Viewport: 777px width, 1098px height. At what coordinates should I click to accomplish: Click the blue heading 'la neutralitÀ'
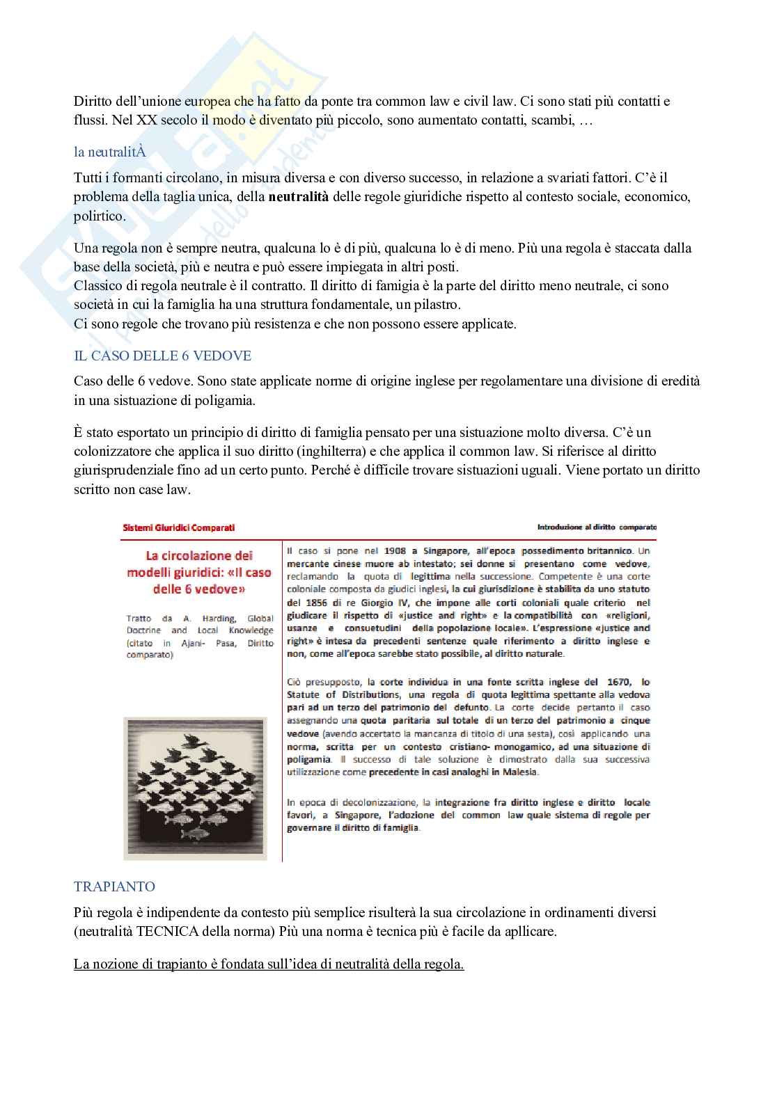click(x=110, y=152)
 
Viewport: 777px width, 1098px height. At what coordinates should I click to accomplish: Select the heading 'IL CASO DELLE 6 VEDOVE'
click(x=162, y=356)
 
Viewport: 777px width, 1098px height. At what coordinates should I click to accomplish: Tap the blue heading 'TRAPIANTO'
click(x=114, y=886)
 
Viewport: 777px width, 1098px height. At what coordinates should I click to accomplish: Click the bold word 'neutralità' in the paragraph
click(x=299, y=197)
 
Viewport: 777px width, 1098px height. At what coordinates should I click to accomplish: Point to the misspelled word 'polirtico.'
click(x=100, y=216)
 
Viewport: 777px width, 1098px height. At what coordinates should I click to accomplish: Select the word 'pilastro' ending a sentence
click(x=436, y=305)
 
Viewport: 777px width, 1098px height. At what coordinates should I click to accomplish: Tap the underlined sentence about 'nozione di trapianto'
click(x=269, y=964)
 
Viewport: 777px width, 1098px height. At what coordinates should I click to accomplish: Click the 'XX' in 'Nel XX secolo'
click(x=147, y=120)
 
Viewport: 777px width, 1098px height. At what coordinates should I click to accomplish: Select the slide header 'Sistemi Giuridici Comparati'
click(x=179, y=527)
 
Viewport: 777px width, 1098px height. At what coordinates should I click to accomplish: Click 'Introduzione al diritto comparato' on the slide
click(x=597, y=527)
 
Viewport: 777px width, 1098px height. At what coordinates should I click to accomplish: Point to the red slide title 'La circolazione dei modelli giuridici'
click(x=199, y=572)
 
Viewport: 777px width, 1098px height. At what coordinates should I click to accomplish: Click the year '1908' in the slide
click(x=395, y=551)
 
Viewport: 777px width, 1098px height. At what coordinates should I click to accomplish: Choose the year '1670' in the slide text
click(x=618, y=682)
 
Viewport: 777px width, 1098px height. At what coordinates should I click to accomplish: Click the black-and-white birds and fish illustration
click(x=196, y=788)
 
